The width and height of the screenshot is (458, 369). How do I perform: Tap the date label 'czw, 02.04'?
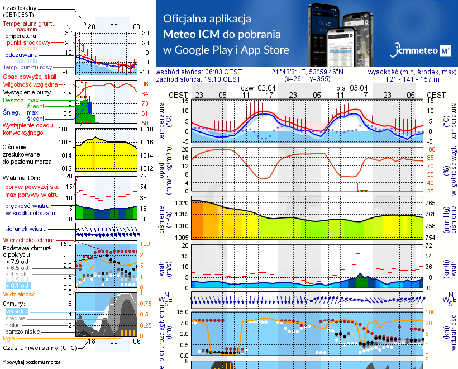click(x=258, y=88)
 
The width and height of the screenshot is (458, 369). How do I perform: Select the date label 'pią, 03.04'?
click(x=352, y=88)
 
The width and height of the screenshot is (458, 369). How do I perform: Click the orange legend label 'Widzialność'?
click(x=20, y=293)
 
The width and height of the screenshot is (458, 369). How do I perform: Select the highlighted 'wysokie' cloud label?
click(x=16, y=310)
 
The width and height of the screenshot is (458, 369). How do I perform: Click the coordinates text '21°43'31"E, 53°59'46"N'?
click(x=308, y=72)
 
